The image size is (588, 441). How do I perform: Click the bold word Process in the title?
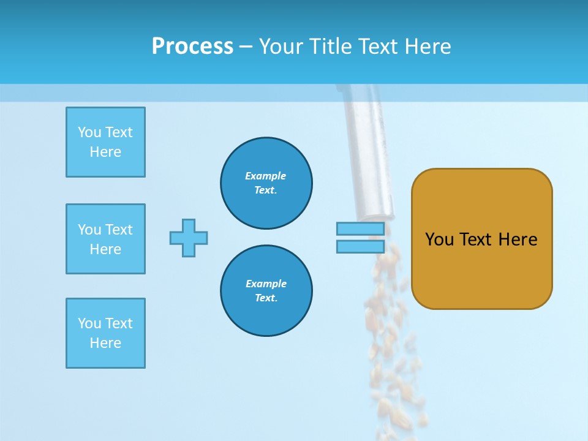click(x=192, y=47)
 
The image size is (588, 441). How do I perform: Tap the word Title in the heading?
click(x=331, y=47)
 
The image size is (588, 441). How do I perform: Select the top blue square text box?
click(x=105, y=142)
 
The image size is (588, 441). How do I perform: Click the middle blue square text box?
click(x=105, y=239)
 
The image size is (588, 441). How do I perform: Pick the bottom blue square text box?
click(x=105, y=333)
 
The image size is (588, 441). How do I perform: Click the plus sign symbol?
click(x=189, y=238)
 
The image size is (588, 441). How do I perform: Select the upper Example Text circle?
click(x=266, y=183)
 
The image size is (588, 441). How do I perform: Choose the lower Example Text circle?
click(x=266, y=291)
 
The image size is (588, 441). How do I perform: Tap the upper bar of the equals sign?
click(x=360, y=229)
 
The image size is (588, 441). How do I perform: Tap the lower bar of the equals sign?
click(x=360, y=247)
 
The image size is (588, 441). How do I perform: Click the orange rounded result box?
click(x=481, y=269)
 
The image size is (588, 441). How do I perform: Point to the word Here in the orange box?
click(x=518, y=239)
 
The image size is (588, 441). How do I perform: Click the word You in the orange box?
click(x=439, y=239)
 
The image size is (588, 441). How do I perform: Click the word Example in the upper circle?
click(x=266, y=176)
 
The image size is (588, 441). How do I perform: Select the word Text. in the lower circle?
click(x=266, y=298)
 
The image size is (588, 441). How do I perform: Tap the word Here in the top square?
click(x=105, y=152)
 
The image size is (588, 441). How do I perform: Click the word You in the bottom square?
click(x=89, y=323)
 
